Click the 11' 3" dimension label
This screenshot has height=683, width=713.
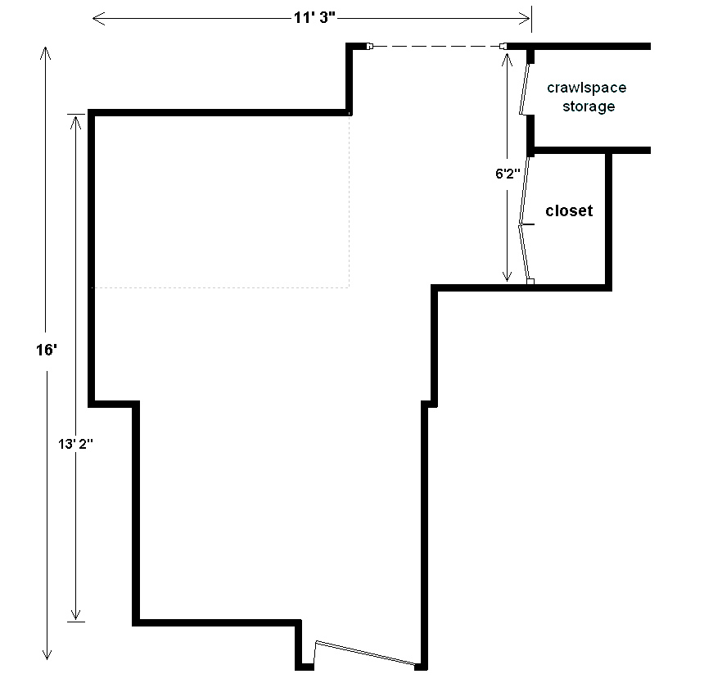[x=314, y=18]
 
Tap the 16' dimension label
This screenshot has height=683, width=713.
[x=47, y=350]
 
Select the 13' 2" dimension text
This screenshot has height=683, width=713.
[x=75, y=444]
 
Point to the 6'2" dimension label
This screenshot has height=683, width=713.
[x=508, y=174]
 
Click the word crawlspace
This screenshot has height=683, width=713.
[x=587, y=88]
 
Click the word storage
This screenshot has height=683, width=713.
[x=589, y=106]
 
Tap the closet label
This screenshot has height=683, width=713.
[x=569, y=210]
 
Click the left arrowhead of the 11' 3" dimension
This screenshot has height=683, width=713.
[x=99, y=19]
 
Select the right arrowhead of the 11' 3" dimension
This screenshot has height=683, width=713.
[x=524, y=19]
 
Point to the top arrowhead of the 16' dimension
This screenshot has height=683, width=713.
[x=46, y=53]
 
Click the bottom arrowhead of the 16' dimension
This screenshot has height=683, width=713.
[x=47, y=654]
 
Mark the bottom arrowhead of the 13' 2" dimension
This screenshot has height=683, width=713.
[x=75, y=614]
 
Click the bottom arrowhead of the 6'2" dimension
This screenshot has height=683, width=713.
[x=507, y=275]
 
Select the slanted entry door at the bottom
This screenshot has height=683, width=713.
[x=366, y=654]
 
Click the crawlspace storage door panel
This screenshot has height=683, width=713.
[x=524, y=88]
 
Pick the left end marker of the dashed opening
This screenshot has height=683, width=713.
[x=370, y=46]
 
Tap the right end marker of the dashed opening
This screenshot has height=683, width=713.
[x=503, y=46]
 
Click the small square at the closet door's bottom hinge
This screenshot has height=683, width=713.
[x=530, y=282]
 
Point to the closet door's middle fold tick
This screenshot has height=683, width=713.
[x=527, y=224]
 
